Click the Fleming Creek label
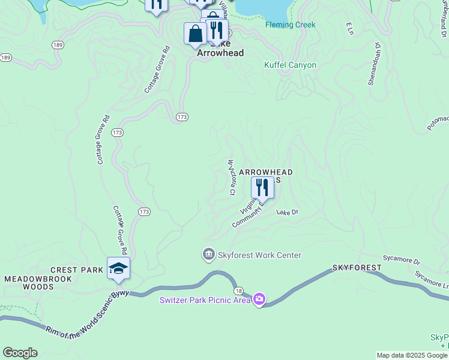[x=290, y=25]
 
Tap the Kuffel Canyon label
[x=290, y=65]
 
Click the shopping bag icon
[x=195, y=34]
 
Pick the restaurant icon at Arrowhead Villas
[x=262, y=187]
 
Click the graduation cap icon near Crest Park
[x=118, y=268]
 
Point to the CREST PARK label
[x=77, y=271]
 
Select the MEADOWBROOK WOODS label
[x=38, y=283]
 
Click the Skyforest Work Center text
[x=260, y=255]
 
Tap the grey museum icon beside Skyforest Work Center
[x=209, y=254]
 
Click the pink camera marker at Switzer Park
[x=259, y=298]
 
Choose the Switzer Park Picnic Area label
[x=204, y=300]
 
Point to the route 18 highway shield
[x=239, y=290]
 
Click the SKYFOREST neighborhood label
[x=357, y=267]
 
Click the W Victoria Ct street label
[x=231, y=177]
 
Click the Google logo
[x=20, y=353]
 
